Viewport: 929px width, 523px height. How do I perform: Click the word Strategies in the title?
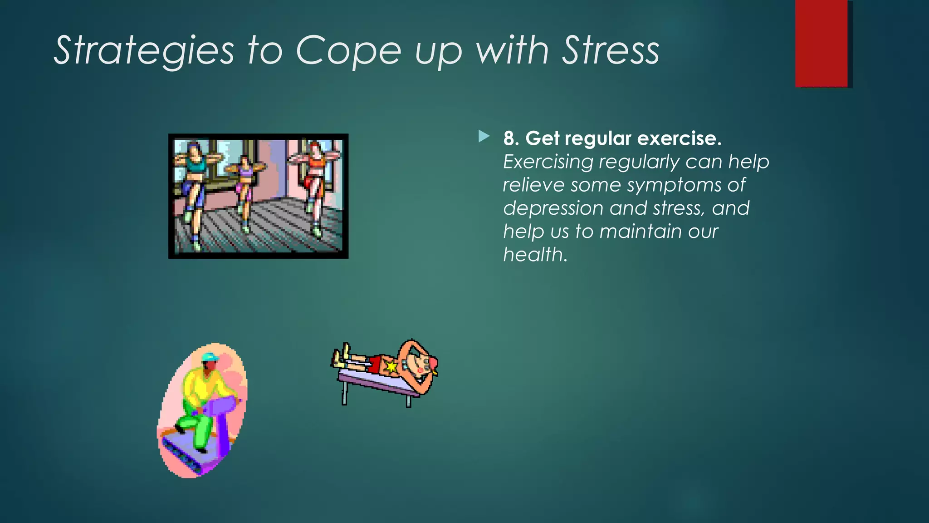point(144,51)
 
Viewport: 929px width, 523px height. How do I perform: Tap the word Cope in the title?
point(348,51)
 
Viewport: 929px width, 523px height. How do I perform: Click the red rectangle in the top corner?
point(821,43)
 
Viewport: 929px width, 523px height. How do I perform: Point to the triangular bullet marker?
point(484,136)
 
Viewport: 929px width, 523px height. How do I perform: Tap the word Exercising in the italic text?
point(548,162)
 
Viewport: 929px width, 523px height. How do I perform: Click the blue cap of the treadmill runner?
point(210,358)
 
